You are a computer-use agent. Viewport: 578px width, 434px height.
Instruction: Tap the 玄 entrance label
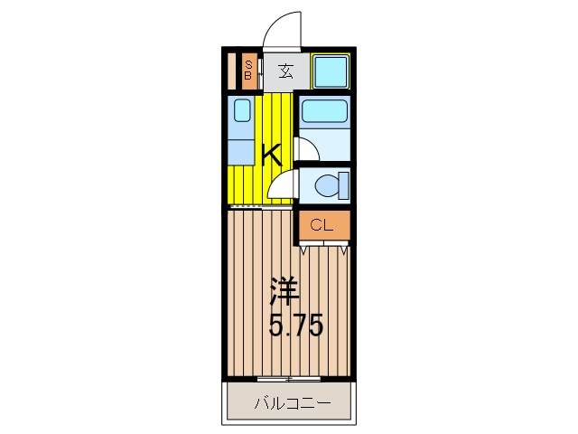(285, 71)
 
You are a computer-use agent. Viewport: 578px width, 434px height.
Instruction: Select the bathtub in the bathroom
(324, 113)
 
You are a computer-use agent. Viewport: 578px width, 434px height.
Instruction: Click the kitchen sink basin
(241, 111)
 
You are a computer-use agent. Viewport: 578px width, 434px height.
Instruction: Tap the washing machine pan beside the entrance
(331, 71)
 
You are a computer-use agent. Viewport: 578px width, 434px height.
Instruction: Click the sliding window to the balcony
(288, 376)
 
